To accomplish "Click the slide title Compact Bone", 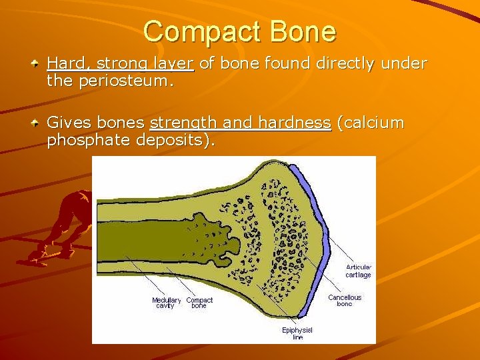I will click(x=239, y=31).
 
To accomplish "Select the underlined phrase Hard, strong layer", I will click(x=120, y=64).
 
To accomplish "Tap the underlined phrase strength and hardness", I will click(x=240, y=123).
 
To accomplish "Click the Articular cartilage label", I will click(x=358, y=271).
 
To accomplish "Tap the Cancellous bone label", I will click(x=344, y=301).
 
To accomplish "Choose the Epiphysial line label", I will click(x=297, y=333).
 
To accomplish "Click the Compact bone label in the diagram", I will click(x=199, y=303).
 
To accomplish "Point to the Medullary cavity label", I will click(x=166, y=303).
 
